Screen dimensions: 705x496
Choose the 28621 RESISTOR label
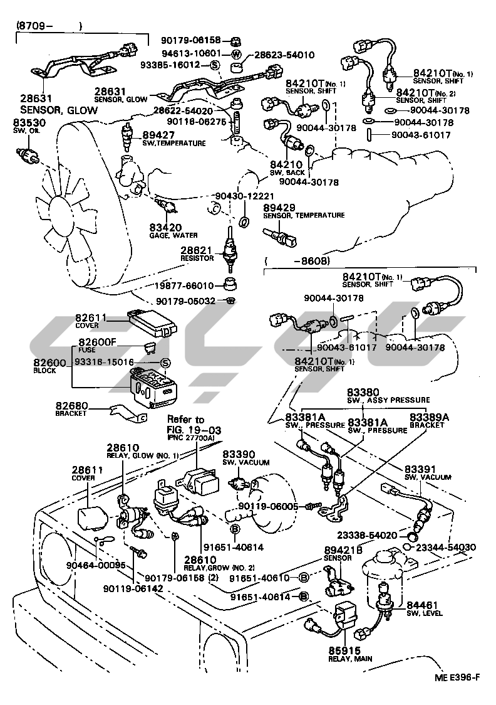point(197,253)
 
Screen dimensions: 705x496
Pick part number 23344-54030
point(445,548)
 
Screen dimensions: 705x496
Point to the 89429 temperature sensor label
point(303,211)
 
